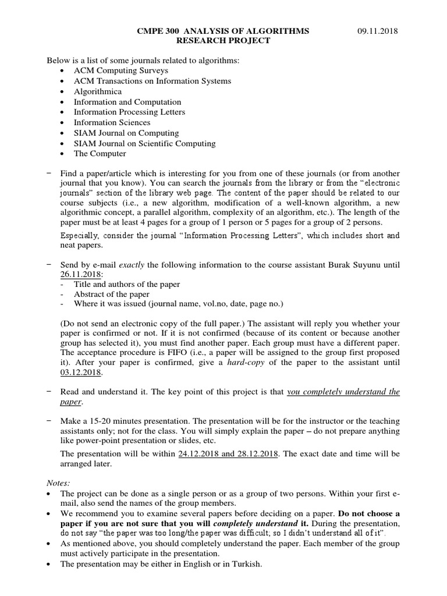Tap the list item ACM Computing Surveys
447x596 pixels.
click(112, 70)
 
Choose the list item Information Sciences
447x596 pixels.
click(112, 123)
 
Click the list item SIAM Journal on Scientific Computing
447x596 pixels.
click(144, 143)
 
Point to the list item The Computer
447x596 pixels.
click(100, 154)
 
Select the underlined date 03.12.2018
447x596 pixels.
click(81, 372)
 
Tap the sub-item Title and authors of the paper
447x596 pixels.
click(127, 284)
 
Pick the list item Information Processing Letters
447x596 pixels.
click(129, 112)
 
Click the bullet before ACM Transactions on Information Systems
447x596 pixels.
click(63, 81)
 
